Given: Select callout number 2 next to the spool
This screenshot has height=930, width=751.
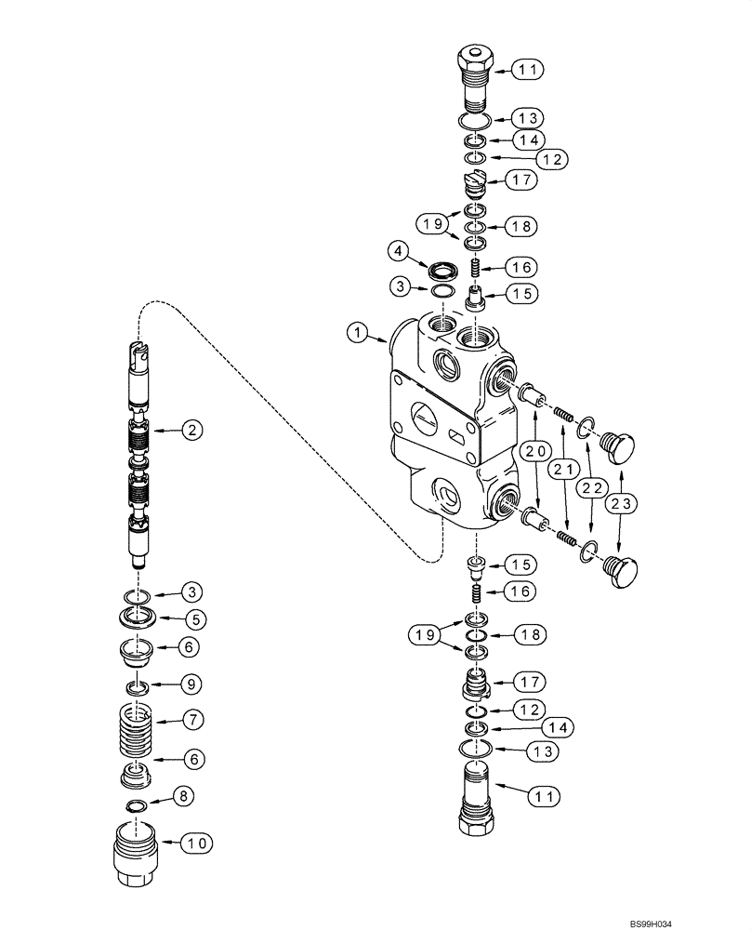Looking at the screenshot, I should pyautogui.click(x=190, y=430).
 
